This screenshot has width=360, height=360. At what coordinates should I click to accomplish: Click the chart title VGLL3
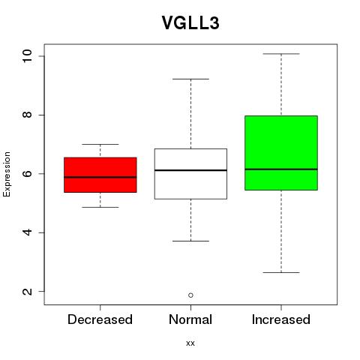point(190,23)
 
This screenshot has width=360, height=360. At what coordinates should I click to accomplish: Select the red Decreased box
point(100,175)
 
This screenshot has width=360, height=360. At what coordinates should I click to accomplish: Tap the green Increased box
point(281,153)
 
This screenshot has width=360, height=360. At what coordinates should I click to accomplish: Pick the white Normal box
point(190,174)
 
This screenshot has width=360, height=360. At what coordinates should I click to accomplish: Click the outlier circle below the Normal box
point(190,295)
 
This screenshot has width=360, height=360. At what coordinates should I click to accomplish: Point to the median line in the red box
point(100,177)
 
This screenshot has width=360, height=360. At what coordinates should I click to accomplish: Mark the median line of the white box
point(190,170)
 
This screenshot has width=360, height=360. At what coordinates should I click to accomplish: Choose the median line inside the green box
point(281,169)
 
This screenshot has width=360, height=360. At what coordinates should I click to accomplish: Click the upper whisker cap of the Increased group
point(281,54)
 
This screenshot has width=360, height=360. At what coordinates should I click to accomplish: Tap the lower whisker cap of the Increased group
point(281,272)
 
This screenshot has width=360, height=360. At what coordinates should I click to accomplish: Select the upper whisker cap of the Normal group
point(190,79)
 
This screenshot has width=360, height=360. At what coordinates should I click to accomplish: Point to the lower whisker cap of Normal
point(190,241)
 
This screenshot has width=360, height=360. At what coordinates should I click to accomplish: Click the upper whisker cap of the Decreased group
point(100,144)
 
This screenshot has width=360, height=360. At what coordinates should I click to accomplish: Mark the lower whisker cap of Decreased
point(100,207)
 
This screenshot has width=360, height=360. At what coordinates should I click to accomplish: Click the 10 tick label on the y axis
point(28,55)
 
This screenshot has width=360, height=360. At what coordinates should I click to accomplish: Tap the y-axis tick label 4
point(28,232)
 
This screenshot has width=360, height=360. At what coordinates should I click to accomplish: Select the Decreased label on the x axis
point(100,319)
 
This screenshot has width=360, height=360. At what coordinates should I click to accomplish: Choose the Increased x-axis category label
point(281,319)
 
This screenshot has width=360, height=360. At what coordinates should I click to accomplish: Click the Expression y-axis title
point(7,174)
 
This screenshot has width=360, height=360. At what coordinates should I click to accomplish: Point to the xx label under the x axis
point(190,343)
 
